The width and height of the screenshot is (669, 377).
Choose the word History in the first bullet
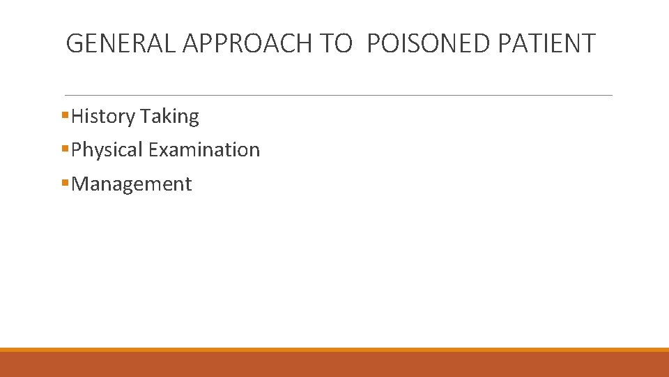coord(102,117)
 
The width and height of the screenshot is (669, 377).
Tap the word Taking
coord(169,117)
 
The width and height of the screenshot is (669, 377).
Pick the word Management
coord(132,184)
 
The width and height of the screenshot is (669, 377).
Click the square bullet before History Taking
coord(65,114)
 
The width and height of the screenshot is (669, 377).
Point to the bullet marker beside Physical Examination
coord(65,148)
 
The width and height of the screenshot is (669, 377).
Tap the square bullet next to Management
coord(65,182)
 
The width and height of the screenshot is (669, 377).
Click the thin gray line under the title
coord(338,95)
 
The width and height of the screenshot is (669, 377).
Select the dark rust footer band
coord(334,364)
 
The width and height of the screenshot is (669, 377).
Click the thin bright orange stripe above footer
coord(334,350)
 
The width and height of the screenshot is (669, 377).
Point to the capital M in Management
coord(80,184)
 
